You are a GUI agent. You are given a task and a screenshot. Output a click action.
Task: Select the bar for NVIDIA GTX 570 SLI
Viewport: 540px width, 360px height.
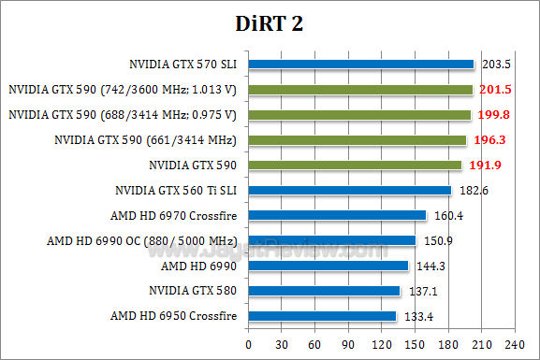click(361, 65)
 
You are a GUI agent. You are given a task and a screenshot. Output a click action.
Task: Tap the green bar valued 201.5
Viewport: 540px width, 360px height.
click(360, 90)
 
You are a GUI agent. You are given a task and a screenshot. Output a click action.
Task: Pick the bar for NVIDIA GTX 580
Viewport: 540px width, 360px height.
click(324, 291)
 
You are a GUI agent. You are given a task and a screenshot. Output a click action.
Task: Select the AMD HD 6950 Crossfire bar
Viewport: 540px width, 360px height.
click(322, 316)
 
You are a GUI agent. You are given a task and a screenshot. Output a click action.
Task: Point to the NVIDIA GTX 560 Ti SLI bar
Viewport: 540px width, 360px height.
click(349, 191)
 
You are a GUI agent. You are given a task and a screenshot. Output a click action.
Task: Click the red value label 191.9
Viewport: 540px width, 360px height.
click(480, 165)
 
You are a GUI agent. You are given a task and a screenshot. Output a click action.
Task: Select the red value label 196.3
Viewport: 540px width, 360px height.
click(485, 139)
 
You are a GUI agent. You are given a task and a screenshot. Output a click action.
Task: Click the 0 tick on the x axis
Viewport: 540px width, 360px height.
click(248, 344)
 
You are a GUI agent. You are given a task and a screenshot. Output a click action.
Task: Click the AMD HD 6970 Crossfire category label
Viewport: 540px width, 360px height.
click(175, 215)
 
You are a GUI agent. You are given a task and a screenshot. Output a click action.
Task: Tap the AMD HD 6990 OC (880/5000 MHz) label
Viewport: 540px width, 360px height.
click(142, 240)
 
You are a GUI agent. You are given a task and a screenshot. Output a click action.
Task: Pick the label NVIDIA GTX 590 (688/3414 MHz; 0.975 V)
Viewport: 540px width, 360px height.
click(123, 115)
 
